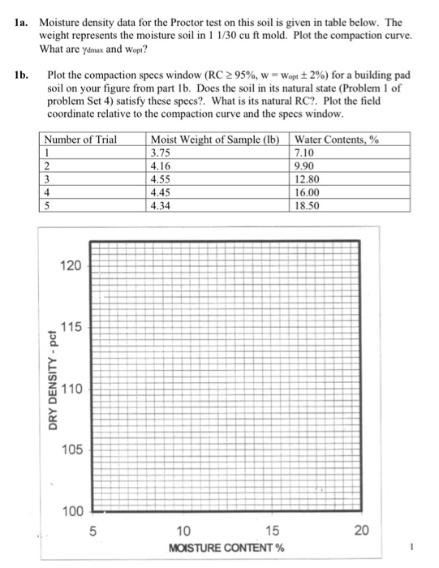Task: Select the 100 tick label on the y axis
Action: coord(71,511)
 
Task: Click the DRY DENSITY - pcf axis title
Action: coord(52,387)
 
